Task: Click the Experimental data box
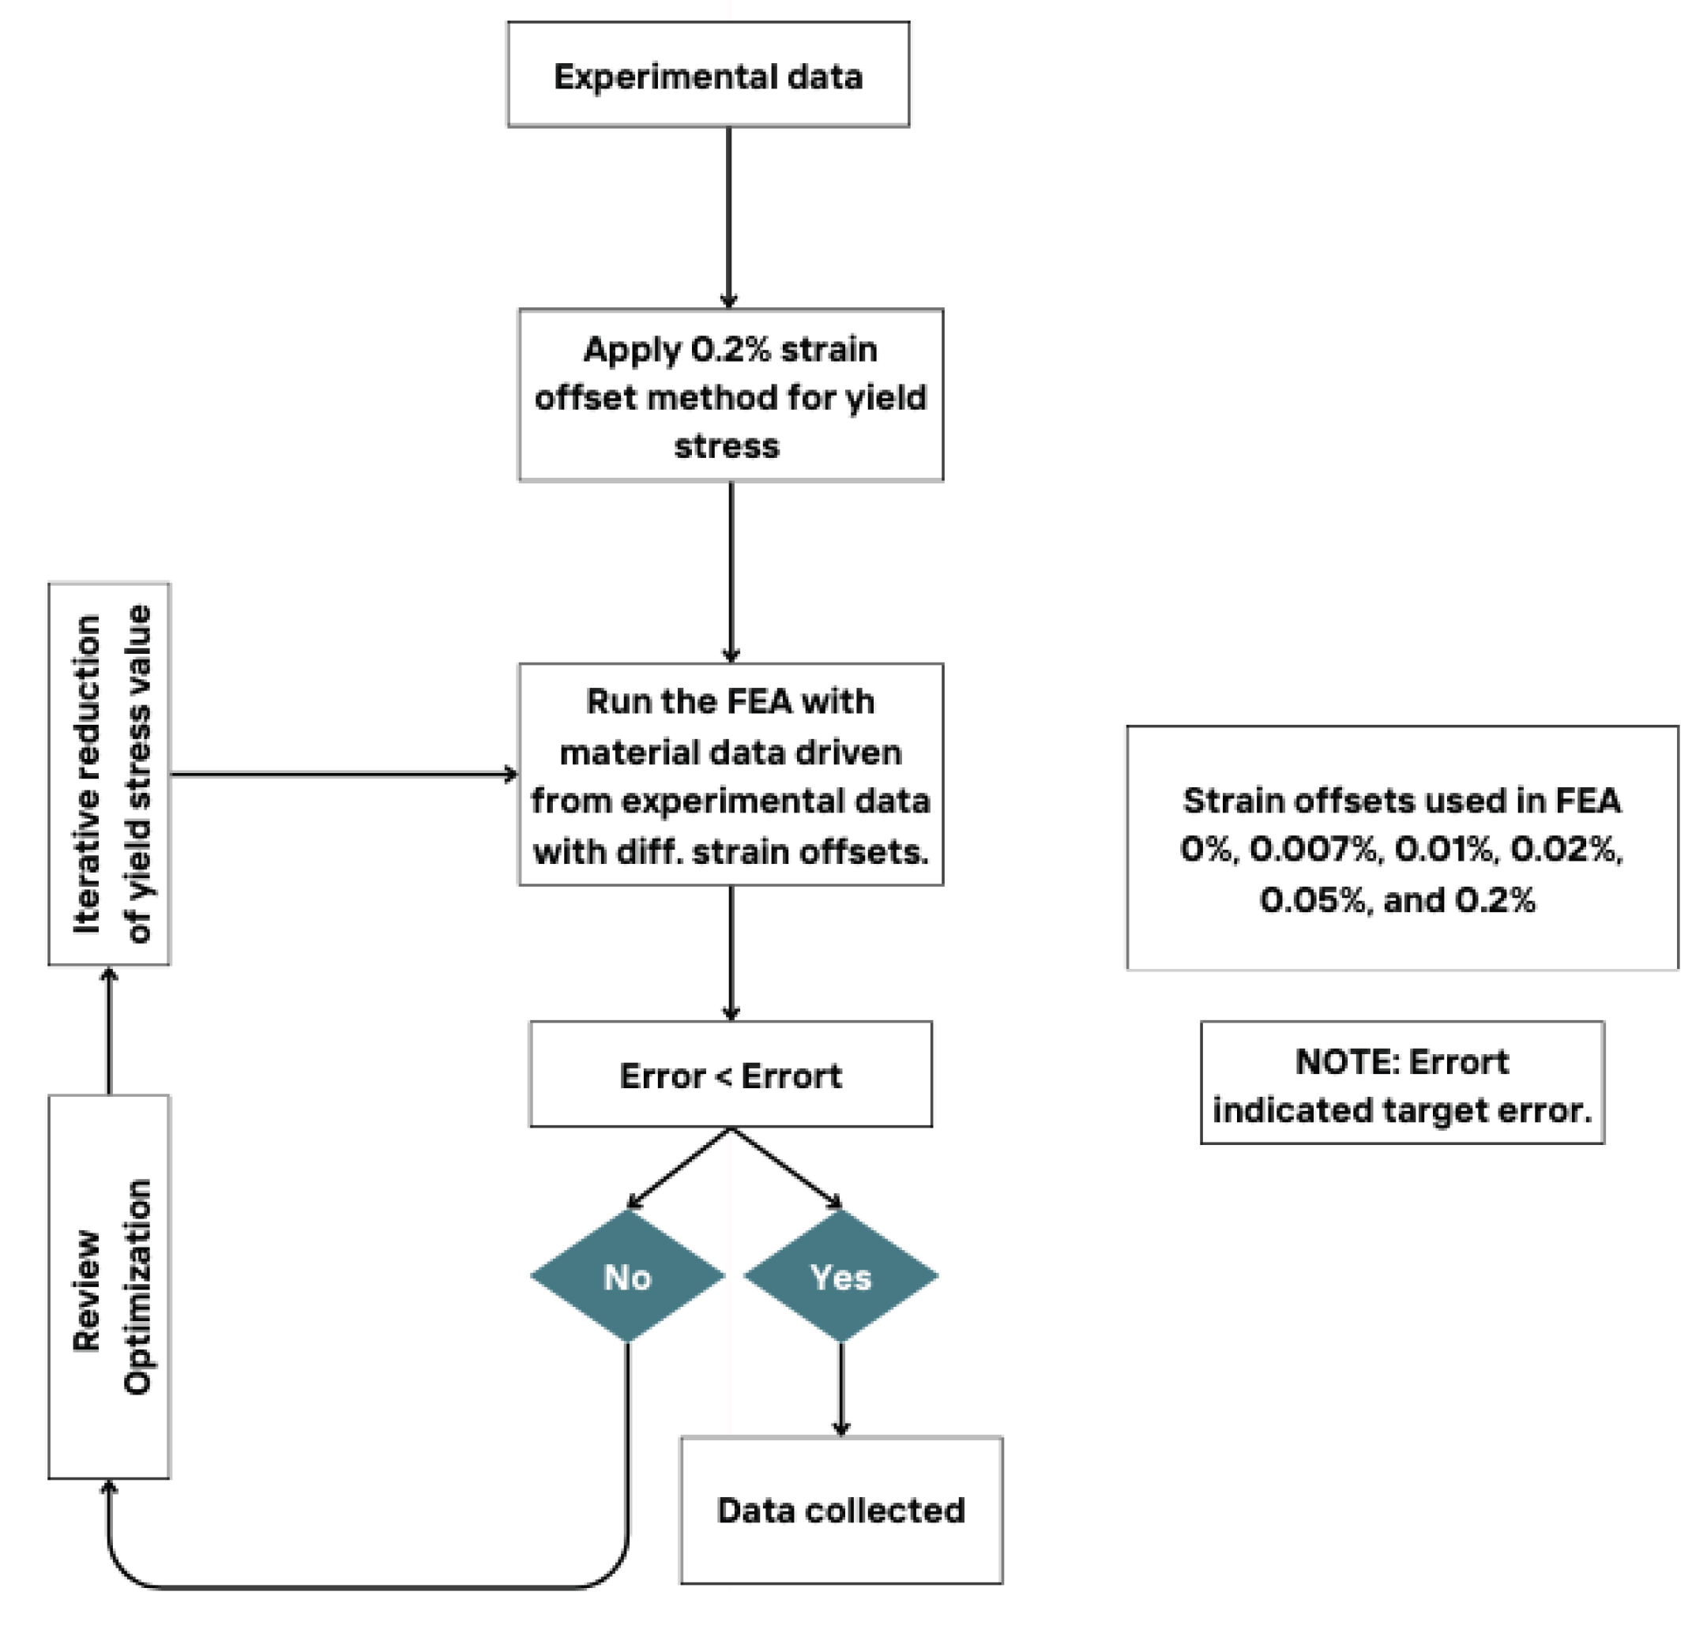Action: (x=708, y=75)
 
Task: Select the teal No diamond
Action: (x=627, y=1276)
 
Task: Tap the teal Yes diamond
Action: (x=840, y=1276)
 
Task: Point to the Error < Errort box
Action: (x=730, y=1075)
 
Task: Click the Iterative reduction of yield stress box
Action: (x=109, y=774)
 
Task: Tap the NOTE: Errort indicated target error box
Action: (x=1401, y=1083)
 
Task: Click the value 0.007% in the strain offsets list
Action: (x=1316, y=850)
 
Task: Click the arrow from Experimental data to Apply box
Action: (x=729, y=218)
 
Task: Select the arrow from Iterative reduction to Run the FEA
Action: (x=344, y=774)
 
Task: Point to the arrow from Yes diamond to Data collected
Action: (x=840, y=1389)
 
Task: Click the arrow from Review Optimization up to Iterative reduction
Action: (x=109, y=1030)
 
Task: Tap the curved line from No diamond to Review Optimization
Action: (x=366, y=1587)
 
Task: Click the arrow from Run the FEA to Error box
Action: (x=731, y=953)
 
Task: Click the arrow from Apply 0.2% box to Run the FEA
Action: (x=731, y=572)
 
